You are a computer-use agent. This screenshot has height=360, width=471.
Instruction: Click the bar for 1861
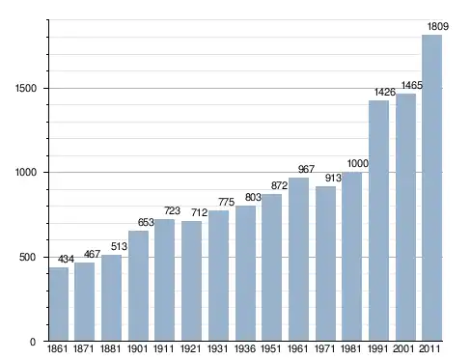59,304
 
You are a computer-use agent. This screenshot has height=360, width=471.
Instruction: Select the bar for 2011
431,187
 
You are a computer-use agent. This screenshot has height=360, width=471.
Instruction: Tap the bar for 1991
378,220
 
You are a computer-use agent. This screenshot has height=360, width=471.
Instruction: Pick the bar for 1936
245,273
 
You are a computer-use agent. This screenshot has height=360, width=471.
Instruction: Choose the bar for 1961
298,259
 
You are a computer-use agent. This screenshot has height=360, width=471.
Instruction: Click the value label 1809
438,26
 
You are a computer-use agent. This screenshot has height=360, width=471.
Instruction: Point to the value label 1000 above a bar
357,163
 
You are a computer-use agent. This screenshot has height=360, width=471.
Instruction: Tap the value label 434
66,259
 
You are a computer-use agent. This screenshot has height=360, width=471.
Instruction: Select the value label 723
172,210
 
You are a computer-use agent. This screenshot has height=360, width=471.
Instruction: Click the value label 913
333,178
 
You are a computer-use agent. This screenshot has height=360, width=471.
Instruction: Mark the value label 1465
412,85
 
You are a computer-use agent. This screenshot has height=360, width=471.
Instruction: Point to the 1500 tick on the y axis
26,88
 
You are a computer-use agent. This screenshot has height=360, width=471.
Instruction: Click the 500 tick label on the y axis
28,257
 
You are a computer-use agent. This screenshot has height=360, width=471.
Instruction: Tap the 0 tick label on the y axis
33,342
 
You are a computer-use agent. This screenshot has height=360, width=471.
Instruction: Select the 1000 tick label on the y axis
26,173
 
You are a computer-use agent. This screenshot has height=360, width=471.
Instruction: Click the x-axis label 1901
137,348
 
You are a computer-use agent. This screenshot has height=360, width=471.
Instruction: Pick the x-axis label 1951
270,348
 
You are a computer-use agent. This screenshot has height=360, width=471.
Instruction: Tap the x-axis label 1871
84,348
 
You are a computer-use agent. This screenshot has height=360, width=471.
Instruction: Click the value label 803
253,197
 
